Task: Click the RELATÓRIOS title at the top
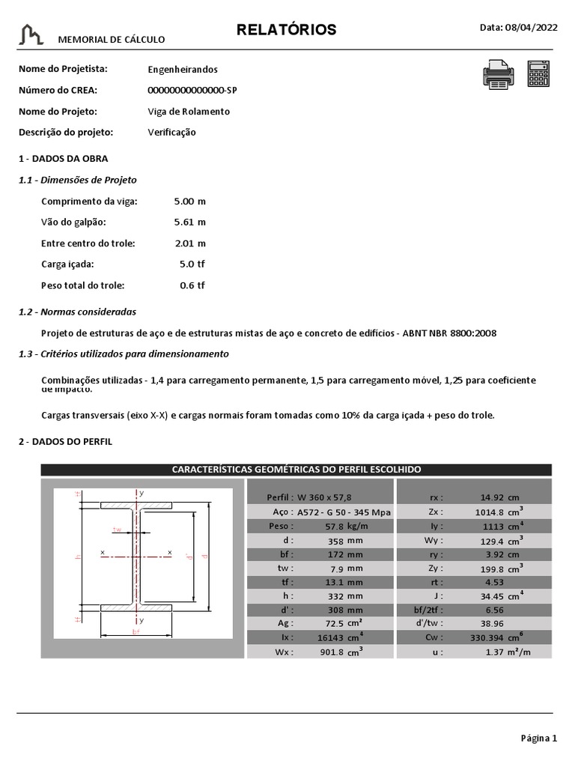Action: tap(287, 30)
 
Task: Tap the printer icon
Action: tap(499, 75)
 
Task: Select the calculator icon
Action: tap(538, 75)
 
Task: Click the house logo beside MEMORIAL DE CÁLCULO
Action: tap(32, 34)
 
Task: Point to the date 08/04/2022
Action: tap(532, 28)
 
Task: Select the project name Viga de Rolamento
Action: tap(189, 112)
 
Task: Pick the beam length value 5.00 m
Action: tap(189, 201)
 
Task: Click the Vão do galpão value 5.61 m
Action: tap(189, 222)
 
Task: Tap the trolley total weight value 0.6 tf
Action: tap(192, 285)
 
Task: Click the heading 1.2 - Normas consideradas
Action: tap(77, 312)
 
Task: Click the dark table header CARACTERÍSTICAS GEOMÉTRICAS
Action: tap(296, 470)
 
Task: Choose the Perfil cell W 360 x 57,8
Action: tap(323, 497)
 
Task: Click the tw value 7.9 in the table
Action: tap(336, 568)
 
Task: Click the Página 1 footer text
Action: tap(539, 739)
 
